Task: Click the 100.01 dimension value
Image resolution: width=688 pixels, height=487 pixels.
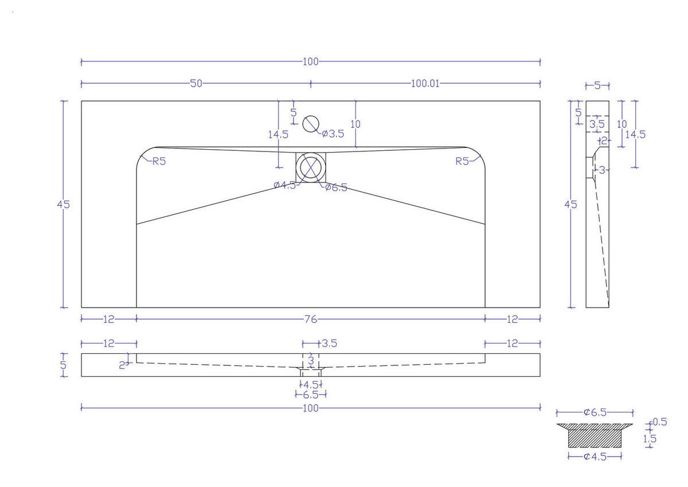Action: tap(425, 84)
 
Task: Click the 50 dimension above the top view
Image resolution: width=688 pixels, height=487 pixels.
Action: tap(196, 84)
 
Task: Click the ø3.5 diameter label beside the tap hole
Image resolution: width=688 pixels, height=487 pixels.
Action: tap(333, 134)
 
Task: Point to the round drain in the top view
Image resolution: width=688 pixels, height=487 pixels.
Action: tap(311, 167)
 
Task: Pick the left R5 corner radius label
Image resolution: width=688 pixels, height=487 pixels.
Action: tap(159, 161)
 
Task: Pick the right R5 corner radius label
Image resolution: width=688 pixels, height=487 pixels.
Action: tap(462, 161)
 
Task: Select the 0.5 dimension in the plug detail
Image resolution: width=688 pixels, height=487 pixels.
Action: tap(660, 422)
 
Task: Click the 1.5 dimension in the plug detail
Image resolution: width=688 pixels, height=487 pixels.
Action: tap(650, 439)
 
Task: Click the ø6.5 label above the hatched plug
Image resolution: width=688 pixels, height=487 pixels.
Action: tap(595, 412)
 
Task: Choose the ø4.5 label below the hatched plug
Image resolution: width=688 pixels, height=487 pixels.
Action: tap(595, 457)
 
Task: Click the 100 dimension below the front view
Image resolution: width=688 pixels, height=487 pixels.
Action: tap(310, 408)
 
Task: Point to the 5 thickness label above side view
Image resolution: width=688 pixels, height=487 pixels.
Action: tap(597, 86)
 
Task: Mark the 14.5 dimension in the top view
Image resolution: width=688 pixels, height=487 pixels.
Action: tap(277, 134)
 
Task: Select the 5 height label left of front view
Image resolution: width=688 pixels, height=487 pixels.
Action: tap(64, 365)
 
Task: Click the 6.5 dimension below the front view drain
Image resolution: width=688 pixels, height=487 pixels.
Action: tap(310, 395)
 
